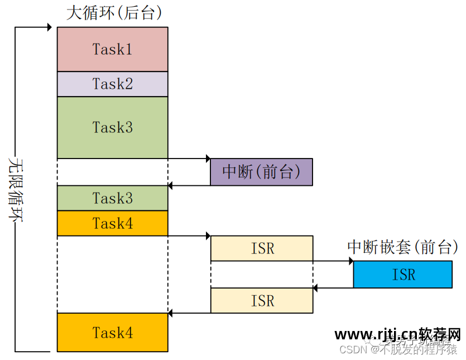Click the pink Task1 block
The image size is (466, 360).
112,49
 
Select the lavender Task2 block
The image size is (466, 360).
112,84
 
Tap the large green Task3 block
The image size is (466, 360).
112,127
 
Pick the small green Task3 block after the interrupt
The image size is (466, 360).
112,198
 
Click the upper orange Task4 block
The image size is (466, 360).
112,223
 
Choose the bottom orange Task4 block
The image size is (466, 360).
112,333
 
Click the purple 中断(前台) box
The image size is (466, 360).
261,172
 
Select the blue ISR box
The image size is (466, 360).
402,275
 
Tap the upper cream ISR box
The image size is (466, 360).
261,248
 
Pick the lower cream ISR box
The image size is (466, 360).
261,300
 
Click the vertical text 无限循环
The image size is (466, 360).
15,190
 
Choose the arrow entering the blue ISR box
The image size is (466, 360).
333,261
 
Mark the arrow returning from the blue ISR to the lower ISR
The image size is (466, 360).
333,288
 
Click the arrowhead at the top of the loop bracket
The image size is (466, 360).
49,27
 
